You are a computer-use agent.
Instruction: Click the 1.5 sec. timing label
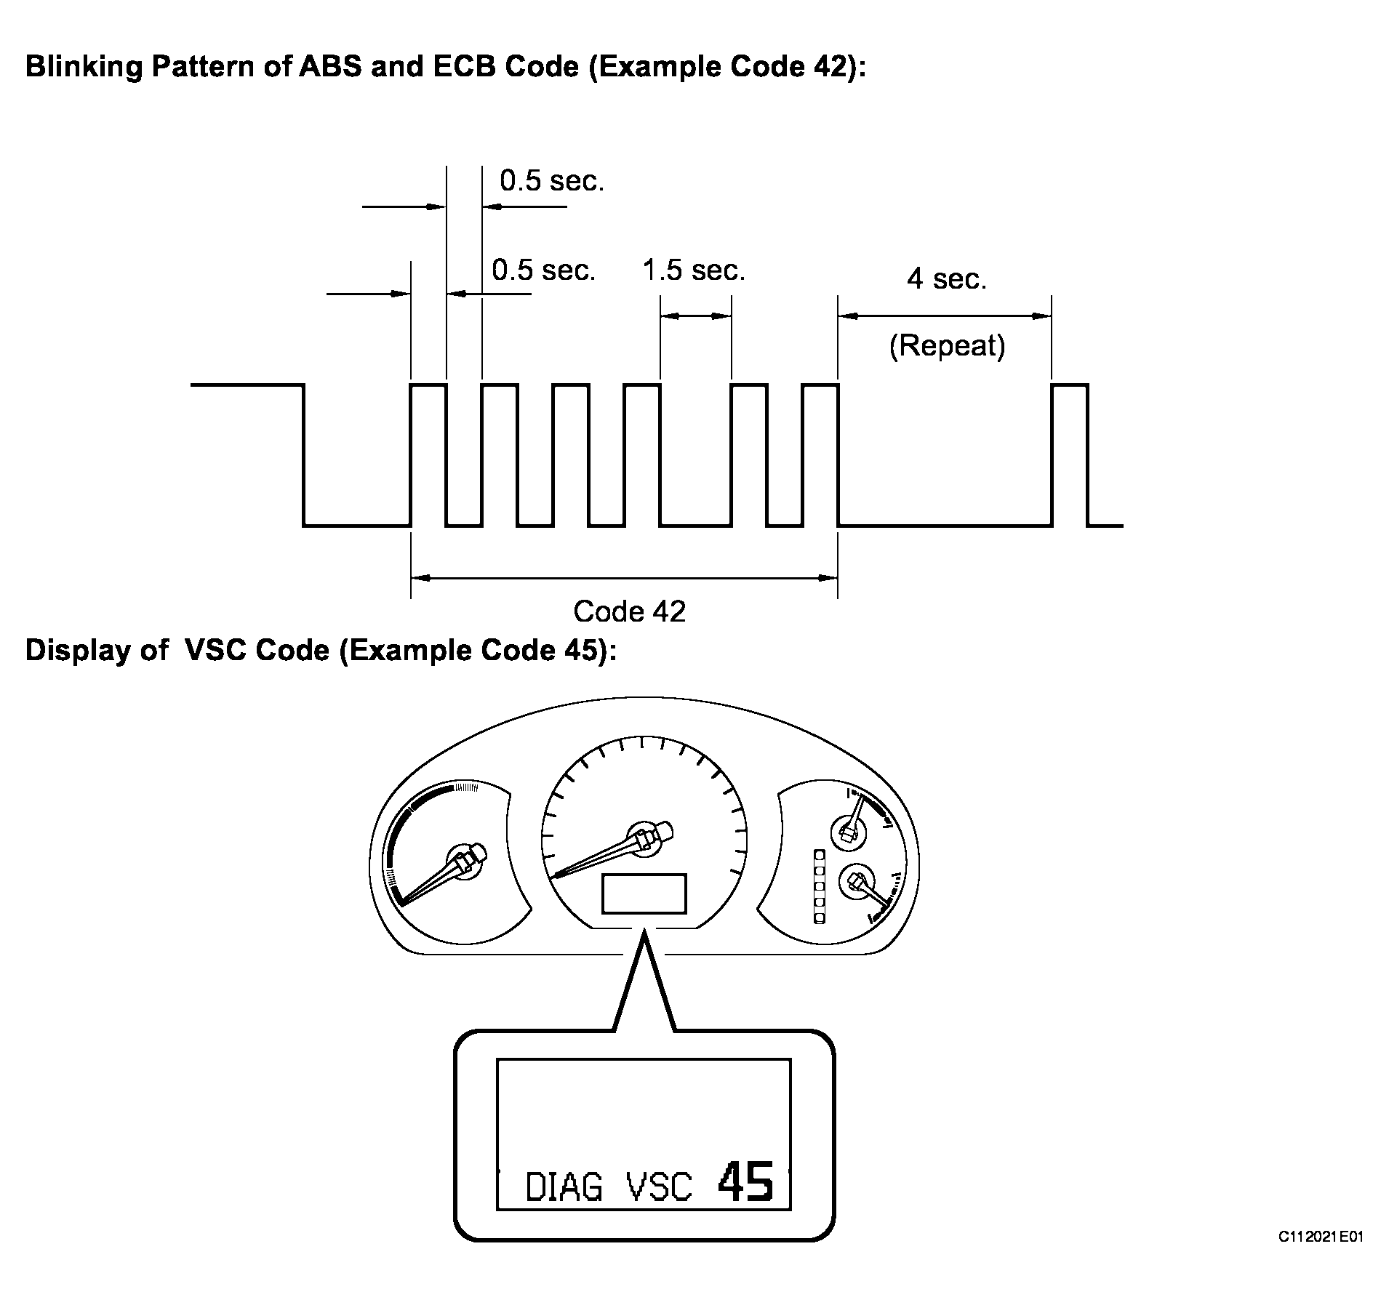694,270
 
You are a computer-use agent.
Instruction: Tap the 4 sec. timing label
946,279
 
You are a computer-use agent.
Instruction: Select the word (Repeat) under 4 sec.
947,346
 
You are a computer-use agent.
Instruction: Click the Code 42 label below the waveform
629,611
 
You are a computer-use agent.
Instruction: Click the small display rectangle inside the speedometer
644,894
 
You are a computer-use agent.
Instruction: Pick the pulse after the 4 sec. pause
1069,454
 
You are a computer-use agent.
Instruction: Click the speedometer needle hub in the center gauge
644,838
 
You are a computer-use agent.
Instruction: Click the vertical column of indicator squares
819,886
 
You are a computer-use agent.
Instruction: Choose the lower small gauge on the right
855,882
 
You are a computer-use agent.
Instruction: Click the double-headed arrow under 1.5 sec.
695,316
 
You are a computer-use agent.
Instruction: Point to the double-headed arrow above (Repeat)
945,316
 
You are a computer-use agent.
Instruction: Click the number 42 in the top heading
829,66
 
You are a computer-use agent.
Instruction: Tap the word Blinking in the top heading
84,66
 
